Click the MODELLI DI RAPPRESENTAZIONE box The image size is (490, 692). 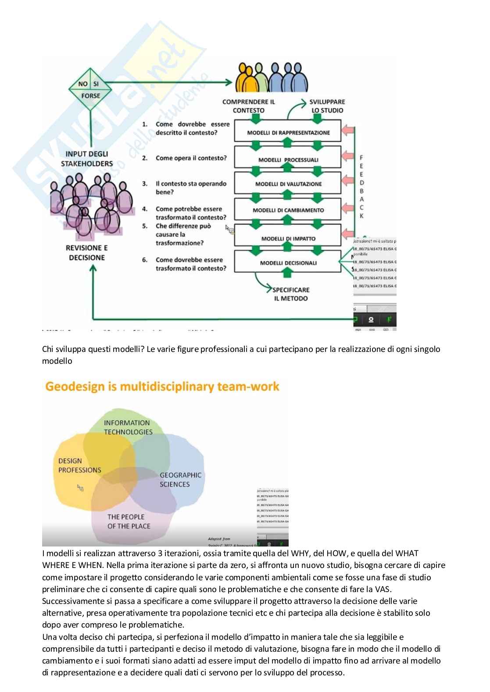[288, 132]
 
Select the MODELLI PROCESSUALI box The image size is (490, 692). [288, 160]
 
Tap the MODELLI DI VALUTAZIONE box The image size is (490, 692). [288, 184]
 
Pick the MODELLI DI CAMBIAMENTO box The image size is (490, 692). [288, 210]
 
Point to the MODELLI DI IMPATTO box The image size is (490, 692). [288, 238]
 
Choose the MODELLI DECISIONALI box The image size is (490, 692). [288, 263]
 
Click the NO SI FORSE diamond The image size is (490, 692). [90, 89]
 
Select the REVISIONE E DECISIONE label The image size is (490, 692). [87, 252]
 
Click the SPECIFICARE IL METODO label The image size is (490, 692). [290, 294]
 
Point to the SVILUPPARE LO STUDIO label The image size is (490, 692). [327, 106]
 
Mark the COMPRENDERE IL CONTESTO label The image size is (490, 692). [248, 106]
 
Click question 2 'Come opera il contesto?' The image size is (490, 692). [191, 158]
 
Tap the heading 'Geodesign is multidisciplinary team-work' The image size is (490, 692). [162, 387]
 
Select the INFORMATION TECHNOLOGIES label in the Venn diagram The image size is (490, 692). [128, 427]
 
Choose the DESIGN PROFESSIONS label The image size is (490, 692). [79, 465]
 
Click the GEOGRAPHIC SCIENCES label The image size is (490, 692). [180, 479]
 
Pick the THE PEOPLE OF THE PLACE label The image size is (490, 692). [129, 522]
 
